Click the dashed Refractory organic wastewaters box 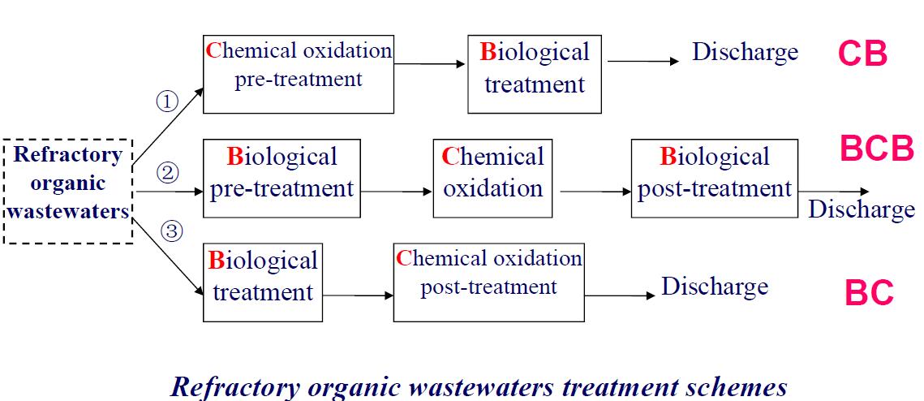click(68, 192)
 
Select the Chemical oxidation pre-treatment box click(298, 74)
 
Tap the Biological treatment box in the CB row click(535, 74)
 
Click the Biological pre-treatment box click(281, 179)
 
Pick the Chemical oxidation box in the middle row click(492, 179)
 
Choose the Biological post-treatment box click(714, 179)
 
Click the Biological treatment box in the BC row click(263, 282)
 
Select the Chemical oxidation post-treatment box click(488, 282)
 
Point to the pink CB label click(862, 54)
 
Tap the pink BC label click(869, 293)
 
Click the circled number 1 click(166, 101)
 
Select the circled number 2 click(166, 172)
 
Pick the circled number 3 click(170, 231)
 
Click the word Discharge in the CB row click(745, 53)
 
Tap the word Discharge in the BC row click(715, 287)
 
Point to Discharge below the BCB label click(861, 209)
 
